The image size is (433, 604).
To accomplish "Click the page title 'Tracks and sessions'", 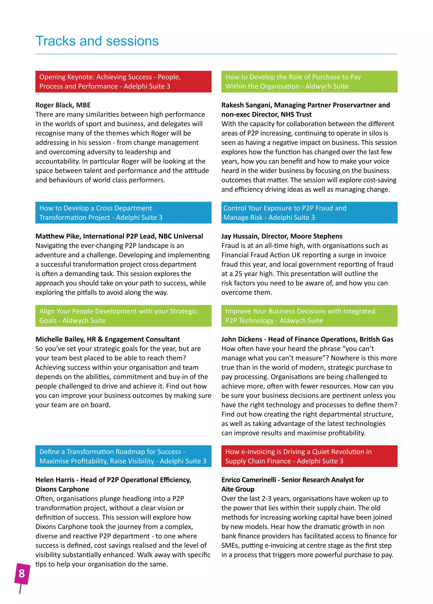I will pos(97,41).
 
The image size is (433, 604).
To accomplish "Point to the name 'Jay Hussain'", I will pos(239,236).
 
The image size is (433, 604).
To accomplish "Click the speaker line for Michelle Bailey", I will pos(107,339).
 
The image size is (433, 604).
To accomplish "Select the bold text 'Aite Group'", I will pos(238,489).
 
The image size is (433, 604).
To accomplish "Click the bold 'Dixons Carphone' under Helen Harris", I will pos(62,489).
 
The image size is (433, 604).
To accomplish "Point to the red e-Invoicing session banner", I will pos(309,456).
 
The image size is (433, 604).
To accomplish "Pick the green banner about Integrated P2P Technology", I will pos(309,316).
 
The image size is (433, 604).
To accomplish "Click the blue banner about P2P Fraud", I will pos(309,213).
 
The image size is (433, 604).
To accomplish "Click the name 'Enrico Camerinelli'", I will pos(248,480).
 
